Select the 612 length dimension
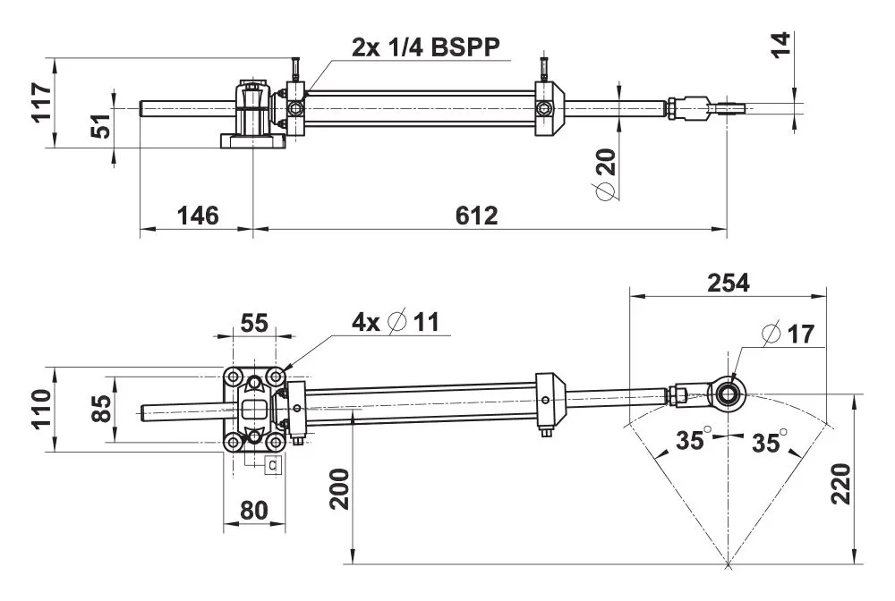[x=475, y=216]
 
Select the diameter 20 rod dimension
[x=606, y=175]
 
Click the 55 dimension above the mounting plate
[x=254, y=323]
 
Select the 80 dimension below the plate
[x=254, y=512]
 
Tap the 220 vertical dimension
[x=840, y=483]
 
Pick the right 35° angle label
[x=770, y=441]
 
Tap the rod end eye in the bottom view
[x=728, y=392]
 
